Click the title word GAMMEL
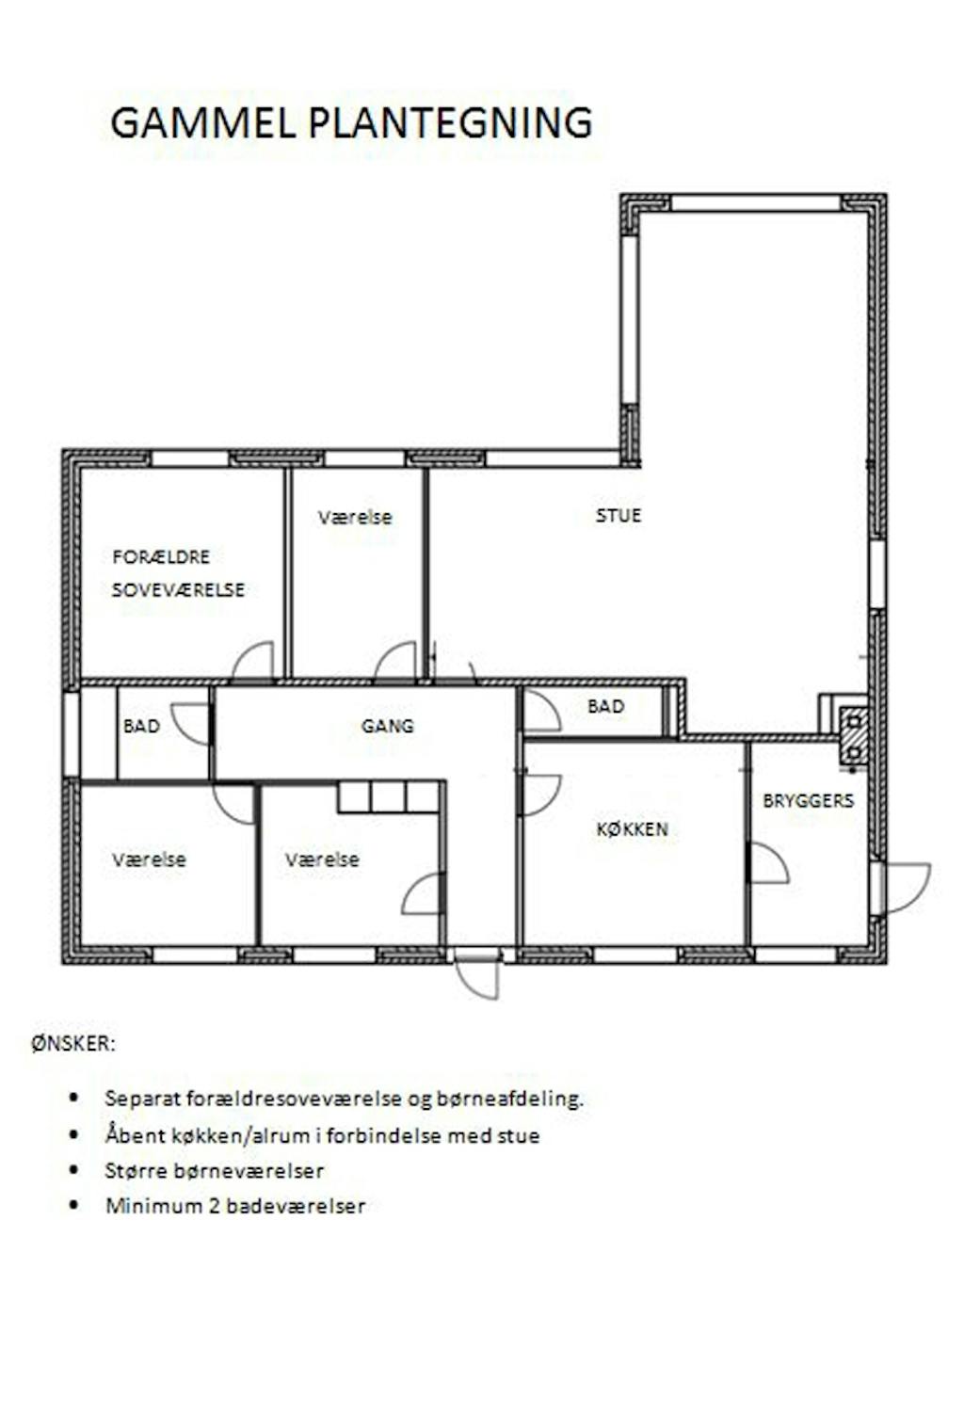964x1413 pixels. coord(203,122)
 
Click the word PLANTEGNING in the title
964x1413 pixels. coord(450,122)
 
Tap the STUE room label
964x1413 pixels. coord(619,515)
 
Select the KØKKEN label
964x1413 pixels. coord(632,828)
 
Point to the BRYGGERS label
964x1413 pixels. coord(808,800)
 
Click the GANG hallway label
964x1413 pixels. coord(387,726)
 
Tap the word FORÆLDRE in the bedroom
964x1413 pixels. coord(161,557)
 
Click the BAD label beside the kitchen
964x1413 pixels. coord(605,706)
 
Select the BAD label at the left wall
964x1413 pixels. coord(141,726)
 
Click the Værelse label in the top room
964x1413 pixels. coord(355,517)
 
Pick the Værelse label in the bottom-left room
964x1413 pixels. coord(149,859)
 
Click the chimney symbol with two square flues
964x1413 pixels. coord(854,737)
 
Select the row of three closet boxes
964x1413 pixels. coord(389,797)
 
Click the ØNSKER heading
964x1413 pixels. coord(73,1044)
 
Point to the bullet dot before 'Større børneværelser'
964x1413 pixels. coord(75,1169)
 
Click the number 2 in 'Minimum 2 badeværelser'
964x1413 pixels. coord(216,1206)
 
